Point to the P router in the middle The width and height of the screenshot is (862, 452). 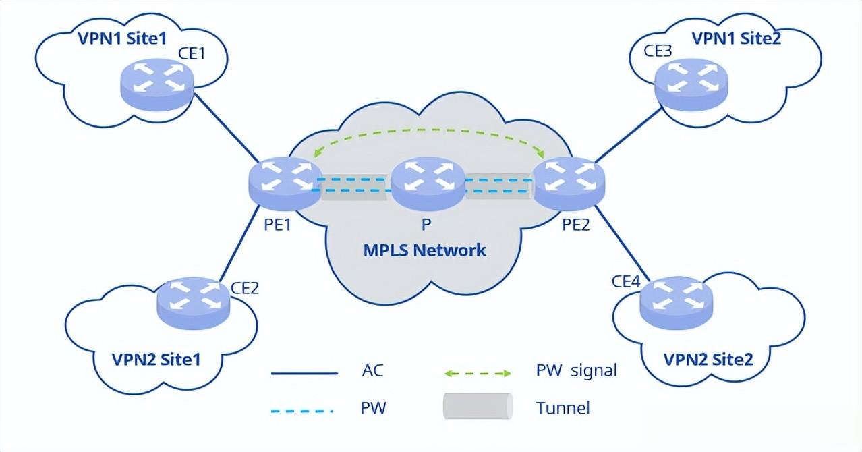pyautogui.click(x=428, y=183)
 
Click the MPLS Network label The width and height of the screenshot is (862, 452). pyautogui.click(x=425, y=250)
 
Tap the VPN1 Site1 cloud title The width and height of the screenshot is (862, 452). pyautogui.click(x=122, y=38)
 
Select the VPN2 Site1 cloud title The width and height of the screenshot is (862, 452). pyautogui.click(x=156, y=359)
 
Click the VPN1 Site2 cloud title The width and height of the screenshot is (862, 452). pyautogui.click(x=736, y=38)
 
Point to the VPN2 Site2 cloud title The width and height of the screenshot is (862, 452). pyautogui.click(x=708, y=359)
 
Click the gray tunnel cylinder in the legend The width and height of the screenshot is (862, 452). pyautogui.click(x=478, y=407)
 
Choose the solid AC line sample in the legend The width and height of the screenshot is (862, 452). pyautogui.click(x=304, y=372)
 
